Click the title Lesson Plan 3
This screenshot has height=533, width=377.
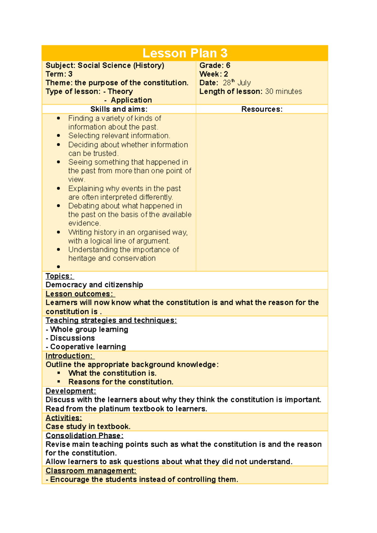[x=185, y=53]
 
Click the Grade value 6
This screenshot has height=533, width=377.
[x=228, y=65]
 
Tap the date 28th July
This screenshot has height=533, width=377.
[x=237, y=83]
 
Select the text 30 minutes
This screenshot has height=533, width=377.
[x=283, y=91]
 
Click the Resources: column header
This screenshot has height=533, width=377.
[x=262, y=109]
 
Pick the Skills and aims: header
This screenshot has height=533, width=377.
[x=119, y=109]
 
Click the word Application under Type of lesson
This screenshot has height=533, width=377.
[x=131, y=100]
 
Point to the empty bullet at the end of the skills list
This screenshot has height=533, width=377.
[x=59, y=267]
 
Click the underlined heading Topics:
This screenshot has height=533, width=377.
[x=59, y=276]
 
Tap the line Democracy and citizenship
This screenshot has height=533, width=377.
[x=94, y=285]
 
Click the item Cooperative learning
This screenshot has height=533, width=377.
[x=88, y=347]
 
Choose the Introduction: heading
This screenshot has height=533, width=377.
[x=69, y=356]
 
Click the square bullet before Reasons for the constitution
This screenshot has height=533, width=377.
[x=59, y=382]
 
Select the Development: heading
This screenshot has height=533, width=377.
[x=71, y=391]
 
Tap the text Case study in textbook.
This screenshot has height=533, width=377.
[x=88, y=427]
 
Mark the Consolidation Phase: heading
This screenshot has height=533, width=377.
[x=85, y=436]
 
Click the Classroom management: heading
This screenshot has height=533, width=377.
[x=91, y=471]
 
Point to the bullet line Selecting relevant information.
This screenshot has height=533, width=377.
[x=119, y=136]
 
